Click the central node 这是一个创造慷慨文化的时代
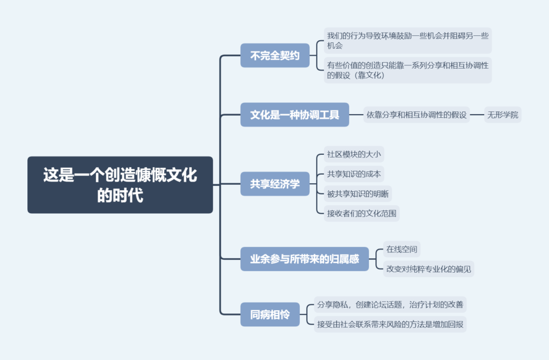click(120, 185)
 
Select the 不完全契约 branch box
click(275, 55)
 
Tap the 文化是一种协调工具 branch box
click(294, 115)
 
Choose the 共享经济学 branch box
click(275, 184)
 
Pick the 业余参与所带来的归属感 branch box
click(305, 259)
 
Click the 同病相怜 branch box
click(270, 314)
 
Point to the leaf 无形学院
click(502, 115)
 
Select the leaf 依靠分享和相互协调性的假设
click(416, 115)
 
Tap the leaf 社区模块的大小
click(354, 154)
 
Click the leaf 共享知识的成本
click(354, 174)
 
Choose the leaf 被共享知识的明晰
click(358, 193)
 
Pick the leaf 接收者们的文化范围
click(361, 213)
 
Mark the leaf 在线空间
click(402, 249)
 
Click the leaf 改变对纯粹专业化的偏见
click(428, 269)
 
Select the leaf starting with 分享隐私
click(390, 304)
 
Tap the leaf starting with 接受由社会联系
click(390, 324)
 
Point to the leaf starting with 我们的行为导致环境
click(407, 41)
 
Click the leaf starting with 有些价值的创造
click(407, 70)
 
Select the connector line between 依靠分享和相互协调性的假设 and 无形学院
click(477, 115)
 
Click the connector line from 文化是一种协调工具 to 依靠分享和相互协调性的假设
click(356, 115)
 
